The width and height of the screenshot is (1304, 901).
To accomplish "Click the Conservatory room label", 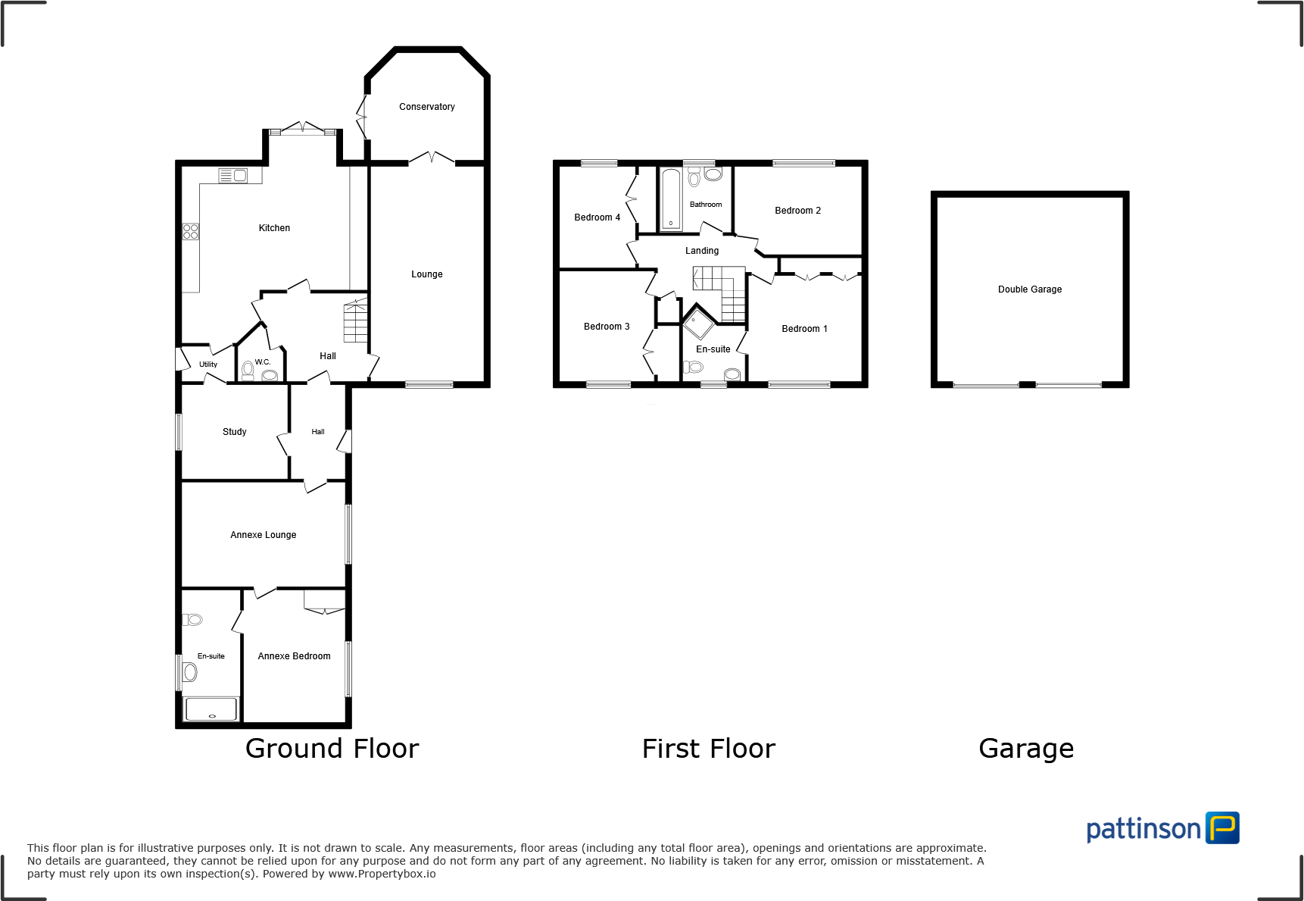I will coord(426,107).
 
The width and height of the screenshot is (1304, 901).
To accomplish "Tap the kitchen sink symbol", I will coord(233,176).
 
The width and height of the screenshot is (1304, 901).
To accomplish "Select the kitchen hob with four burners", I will coord(190,231).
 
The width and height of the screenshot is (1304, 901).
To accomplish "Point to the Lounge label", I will coord(426,274).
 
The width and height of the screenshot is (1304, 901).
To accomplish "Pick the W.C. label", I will coord(262,362).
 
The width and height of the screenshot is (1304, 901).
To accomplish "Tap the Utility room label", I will coord(207,364).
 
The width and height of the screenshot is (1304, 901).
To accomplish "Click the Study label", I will coord(234,432).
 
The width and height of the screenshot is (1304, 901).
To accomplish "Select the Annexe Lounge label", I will coord(263,535).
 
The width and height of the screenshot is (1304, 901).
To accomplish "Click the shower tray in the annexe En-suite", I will coord(211,709).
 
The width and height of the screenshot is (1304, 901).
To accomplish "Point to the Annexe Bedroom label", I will coord(294,656).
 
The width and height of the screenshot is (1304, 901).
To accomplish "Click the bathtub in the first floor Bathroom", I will coord(671,199).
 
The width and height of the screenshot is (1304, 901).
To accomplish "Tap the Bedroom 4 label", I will coord(597,217).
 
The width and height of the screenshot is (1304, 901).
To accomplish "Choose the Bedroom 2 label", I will coord(797,211).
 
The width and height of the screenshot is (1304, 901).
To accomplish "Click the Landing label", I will coord(702,251).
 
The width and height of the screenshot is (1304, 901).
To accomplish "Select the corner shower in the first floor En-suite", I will coord(698,323).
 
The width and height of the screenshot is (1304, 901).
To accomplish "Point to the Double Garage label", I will coord(1029,289).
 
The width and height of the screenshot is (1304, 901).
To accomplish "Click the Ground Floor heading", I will coord(332,749).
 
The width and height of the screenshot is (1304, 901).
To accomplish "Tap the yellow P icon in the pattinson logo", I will coord(1222,827).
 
